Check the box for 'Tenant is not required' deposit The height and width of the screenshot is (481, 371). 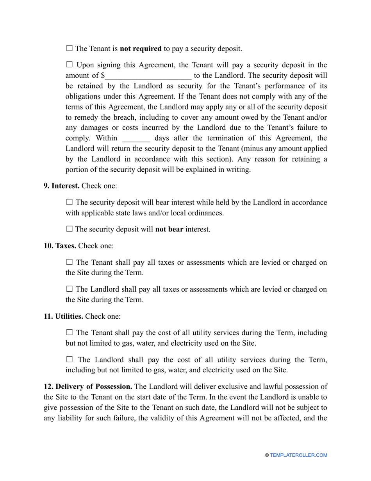click(x=70, y=48)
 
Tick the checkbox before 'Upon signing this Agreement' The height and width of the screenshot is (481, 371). click(x=70, y=65)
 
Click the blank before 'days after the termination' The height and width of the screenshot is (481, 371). click(x=136, y=138)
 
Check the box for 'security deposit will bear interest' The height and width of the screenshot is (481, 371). click(x=70, y=202)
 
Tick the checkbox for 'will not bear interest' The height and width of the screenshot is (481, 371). click(x=70, y=229)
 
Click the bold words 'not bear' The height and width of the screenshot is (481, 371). click(x=169, y=230)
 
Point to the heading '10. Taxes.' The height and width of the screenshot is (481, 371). click(x=60, y=246)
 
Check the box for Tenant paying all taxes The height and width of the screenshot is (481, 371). click(x=70, y=262)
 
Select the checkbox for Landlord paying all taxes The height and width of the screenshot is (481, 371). click(x=70, y=289)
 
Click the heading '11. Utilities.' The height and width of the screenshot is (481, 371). click(x=63, y=316)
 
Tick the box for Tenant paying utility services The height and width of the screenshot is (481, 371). click(x=70, y=332)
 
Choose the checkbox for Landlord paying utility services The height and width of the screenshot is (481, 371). click(x=70, y=359)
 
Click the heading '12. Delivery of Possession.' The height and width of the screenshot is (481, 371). click(x=88, y=387)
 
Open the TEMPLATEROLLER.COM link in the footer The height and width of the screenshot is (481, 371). click(x=298, y=455)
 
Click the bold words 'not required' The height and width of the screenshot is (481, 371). click(x=141, y=49)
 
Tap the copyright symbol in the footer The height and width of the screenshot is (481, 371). click(x=267, y=455)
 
